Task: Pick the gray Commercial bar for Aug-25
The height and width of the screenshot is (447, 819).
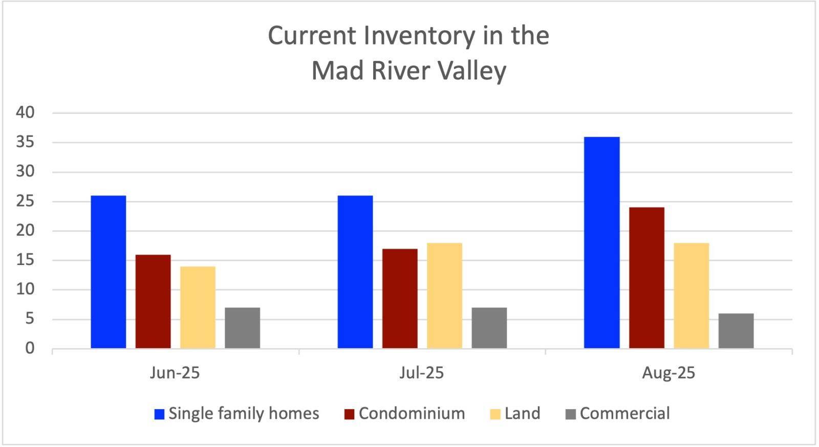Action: (736, 331)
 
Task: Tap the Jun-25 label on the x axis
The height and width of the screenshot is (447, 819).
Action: (175, 373)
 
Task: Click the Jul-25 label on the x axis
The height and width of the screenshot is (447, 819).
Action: (421, 373)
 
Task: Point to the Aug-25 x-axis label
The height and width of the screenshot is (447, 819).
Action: (669, 373)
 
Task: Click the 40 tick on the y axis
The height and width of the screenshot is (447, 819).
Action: (25, 113)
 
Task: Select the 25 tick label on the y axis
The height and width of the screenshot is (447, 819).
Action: (25, 201)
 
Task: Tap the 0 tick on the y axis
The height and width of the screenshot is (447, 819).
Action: (30, 349)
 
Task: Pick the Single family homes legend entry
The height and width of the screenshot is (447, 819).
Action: (236, 414)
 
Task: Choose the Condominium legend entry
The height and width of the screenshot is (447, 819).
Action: (405, 414)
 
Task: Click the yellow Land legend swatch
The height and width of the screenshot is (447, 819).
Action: (495, 414)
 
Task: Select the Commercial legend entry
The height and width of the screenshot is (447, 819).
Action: (618, 414)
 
